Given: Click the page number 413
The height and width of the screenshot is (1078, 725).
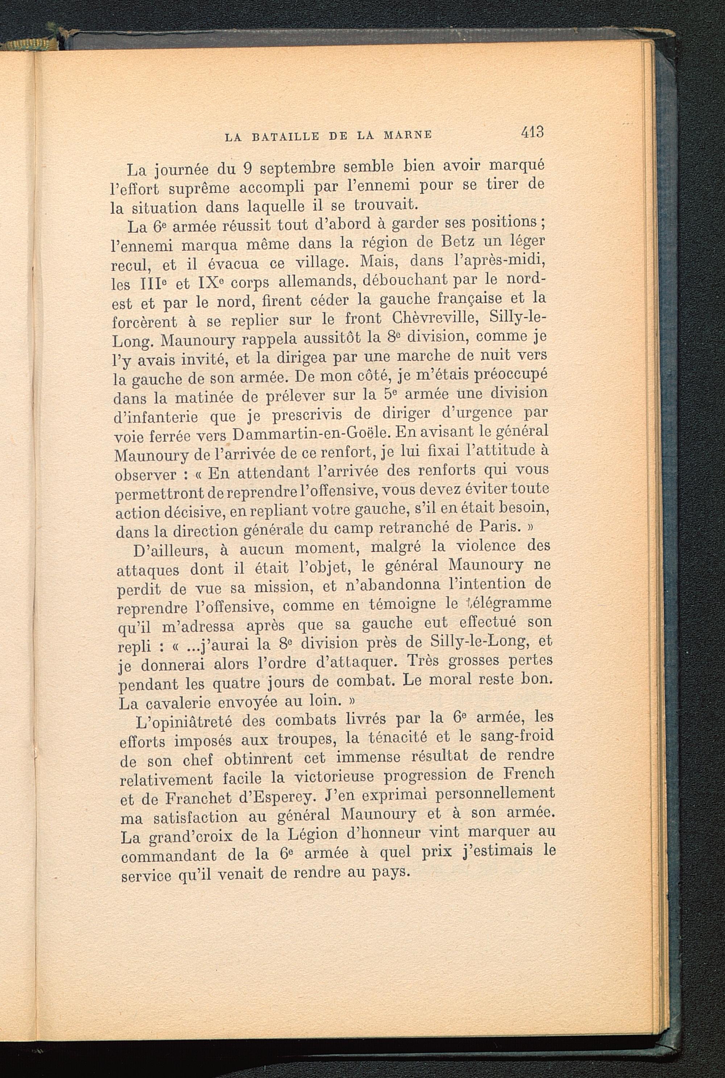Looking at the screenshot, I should [x=532, y=133].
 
